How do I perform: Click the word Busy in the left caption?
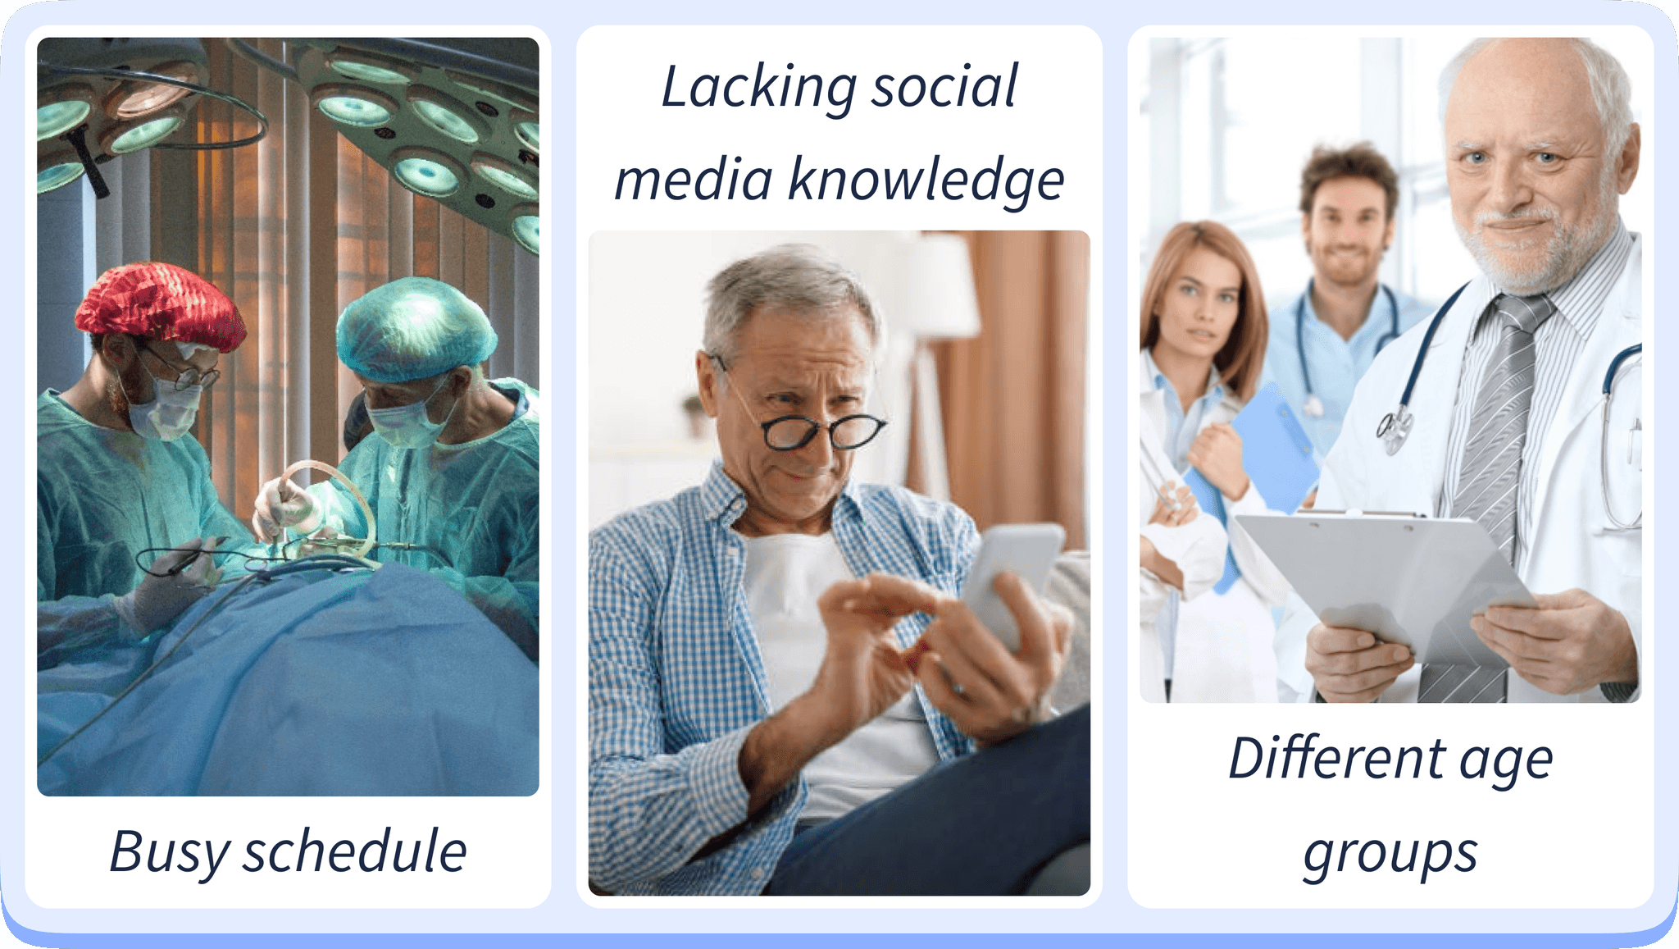tap(169, 854)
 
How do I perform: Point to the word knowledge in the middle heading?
tap(926, 180)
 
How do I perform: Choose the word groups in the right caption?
tap(1390, 854)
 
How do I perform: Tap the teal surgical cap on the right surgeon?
tap(416, 330)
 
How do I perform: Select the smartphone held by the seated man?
tap(1012, 581)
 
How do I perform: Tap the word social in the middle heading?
tap(944, 86)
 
